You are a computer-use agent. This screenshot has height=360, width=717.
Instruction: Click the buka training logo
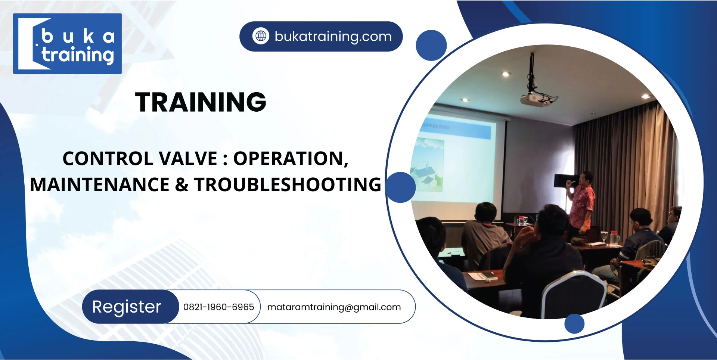[67, 44]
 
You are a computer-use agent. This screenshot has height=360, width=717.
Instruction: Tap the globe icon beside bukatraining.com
[261, 36]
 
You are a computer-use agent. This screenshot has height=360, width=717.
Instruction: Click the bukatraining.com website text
[333, 37]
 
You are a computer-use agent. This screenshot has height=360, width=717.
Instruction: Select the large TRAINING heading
[201, 102]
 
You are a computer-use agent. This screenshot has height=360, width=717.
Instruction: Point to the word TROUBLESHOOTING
[288, 185]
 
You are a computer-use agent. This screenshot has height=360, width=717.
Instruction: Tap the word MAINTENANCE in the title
[100, 185]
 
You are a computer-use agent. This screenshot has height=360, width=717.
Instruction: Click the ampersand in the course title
[182, 185]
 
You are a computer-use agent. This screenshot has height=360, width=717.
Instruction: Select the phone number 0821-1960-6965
[218, 307]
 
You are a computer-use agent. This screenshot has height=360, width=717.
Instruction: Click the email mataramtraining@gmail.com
[334, 307]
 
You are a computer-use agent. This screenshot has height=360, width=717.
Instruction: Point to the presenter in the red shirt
[581, 202]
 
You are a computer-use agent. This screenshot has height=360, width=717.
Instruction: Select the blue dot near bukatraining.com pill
[431, 46]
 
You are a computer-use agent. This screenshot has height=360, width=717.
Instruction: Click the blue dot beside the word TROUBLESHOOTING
[400, 187]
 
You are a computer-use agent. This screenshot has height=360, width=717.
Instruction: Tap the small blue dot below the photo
[574, 323]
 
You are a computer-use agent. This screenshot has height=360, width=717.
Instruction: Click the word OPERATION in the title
[291, 159]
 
